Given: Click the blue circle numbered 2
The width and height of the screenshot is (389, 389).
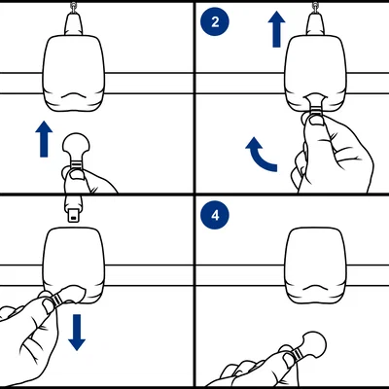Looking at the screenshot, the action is (215, 21).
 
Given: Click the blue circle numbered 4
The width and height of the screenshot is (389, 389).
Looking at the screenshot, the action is (215, 215).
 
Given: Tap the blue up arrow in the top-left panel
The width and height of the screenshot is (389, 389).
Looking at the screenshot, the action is (44, 139).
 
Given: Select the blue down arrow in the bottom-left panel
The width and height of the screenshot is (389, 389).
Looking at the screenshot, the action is (77, 333).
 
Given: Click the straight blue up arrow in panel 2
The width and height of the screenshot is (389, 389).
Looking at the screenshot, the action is (276, 29).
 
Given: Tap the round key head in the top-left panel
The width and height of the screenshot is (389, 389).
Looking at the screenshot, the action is (76, 145).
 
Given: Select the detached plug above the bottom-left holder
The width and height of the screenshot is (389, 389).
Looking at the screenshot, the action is (74, 208).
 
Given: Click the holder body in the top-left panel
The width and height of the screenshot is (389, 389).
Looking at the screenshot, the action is (74, 74).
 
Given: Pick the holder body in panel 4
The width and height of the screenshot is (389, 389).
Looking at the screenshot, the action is (316, 265).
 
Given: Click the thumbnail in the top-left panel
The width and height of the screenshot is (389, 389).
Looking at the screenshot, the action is (77, 175).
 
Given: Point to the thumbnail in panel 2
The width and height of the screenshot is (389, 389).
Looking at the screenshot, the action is (316, 121).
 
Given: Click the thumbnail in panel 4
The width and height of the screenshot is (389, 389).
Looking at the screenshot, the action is (289, 359).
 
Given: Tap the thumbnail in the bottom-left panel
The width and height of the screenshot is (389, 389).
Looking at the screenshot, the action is (49, 305).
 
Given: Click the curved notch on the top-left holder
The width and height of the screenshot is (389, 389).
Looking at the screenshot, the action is (74, 95).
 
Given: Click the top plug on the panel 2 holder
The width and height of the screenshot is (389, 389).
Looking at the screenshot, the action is (315, 22).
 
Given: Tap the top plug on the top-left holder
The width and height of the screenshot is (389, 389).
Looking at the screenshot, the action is (74, 22).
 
